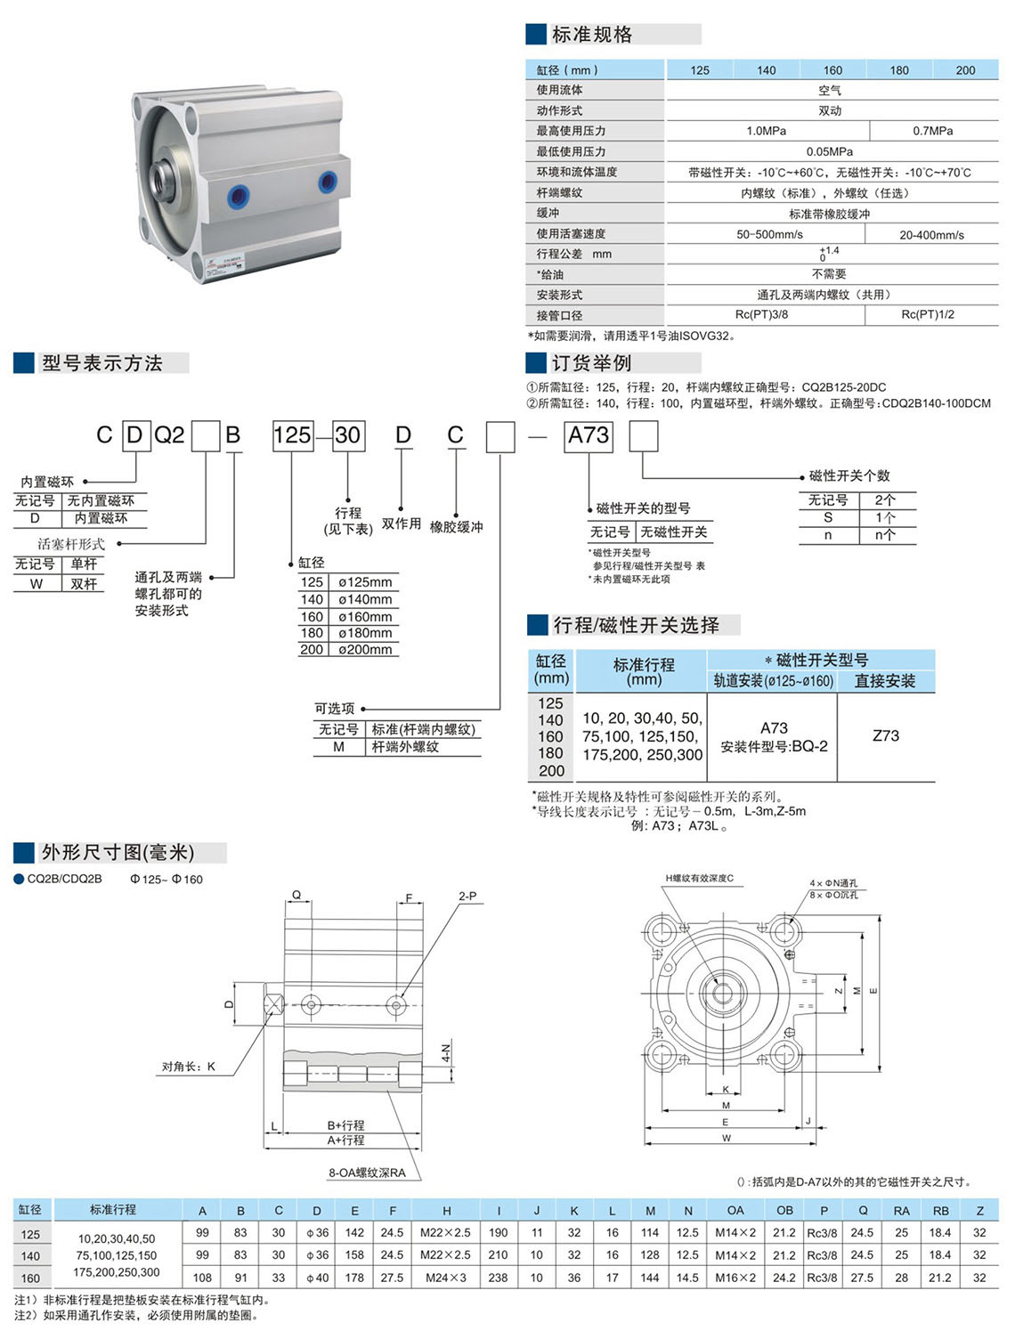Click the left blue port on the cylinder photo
click(x=238, y=197)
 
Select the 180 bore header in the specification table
click(x=899, y=70)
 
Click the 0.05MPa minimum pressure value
click(x=830, y=151)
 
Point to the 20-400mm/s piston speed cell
click(x=931, y=235)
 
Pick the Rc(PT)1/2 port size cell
click(x=928, y=314)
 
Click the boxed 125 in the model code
click(x=293, y=435)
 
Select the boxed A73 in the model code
click(x=589, y=435)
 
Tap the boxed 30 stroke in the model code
click(x=348, y=435)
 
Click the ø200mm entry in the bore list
click(x=365, y=650)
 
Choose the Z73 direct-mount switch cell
click(x=886, y=735)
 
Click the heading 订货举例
click(x=592, y=363)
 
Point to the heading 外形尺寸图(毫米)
click(x=118, y=853)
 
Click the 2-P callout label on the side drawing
click(x=467, y=897)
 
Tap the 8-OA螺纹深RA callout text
click(x=367, y=1173)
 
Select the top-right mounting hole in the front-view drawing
click(x=784, y=931)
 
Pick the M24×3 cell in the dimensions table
click(x=446, y=1278)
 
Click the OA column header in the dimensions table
click(x=735, y=1211)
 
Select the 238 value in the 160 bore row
click(x=498, y=1278)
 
